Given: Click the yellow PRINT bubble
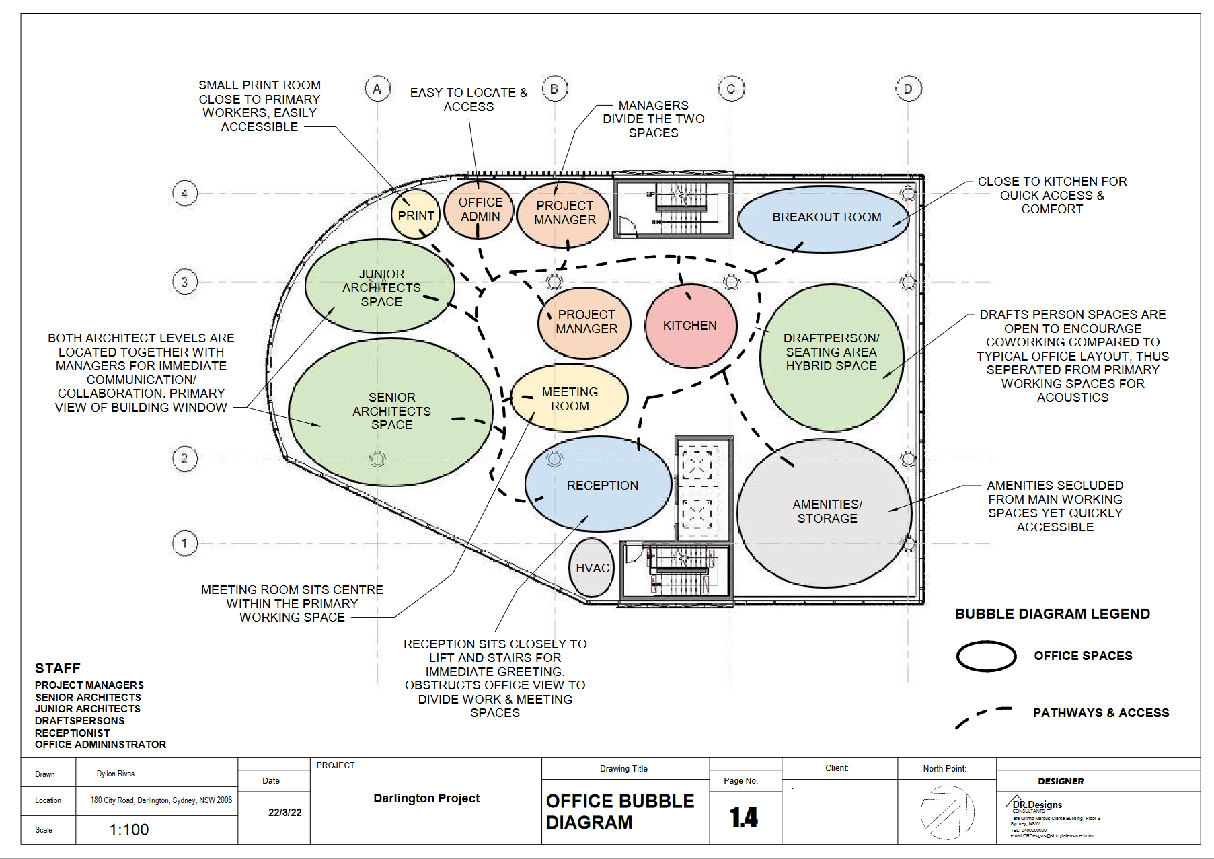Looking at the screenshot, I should pos(416,215).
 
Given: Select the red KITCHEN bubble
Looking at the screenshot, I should pos(690,326).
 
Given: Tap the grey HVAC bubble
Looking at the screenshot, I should pos(592,568).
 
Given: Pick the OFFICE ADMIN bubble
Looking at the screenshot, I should pos(480,209).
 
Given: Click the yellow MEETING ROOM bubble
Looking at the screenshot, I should pos(570,399).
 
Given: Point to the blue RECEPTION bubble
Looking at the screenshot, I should pos(599,485).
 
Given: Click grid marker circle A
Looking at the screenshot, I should pos(377,89).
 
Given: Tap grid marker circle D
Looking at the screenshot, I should pos(908,89).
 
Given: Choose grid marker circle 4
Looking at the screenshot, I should pos(185,194).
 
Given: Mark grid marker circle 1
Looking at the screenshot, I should pos(185,543).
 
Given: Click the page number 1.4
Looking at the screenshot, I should pos(744,817).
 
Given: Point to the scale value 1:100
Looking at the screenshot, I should pos(129,830).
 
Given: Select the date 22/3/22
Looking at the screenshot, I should pos(284,813).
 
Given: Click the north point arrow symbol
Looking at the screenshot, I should pos(946,812).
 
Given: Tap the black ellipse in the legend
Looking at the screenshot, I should pos(986,657).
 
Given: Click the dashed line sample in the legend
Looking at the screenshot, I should pos(983,716).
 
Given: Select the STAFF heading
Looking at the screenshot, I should pos(58,668).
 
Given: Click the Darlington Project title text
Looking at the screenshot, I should pos(426,798).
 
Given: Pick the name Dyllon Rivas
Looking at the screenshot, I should pos(116,774).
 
